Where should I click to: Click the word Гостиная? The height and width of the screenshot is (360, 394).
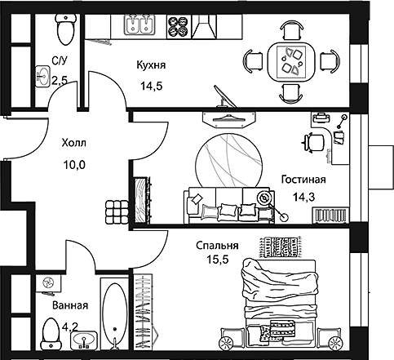(303, 180)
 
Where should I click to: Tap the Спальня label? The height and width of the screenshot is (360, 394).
(216, 245)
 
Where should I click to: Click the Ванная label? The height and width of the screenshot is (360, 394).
(69, 306)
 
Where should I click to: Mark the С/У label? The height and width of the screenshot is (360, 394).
(59, 60)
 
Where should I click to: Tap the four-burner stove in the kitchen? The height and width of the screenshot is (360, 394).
(177, 26)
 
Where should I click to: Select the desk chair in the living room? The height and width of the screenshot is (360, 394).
(312, 142)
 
